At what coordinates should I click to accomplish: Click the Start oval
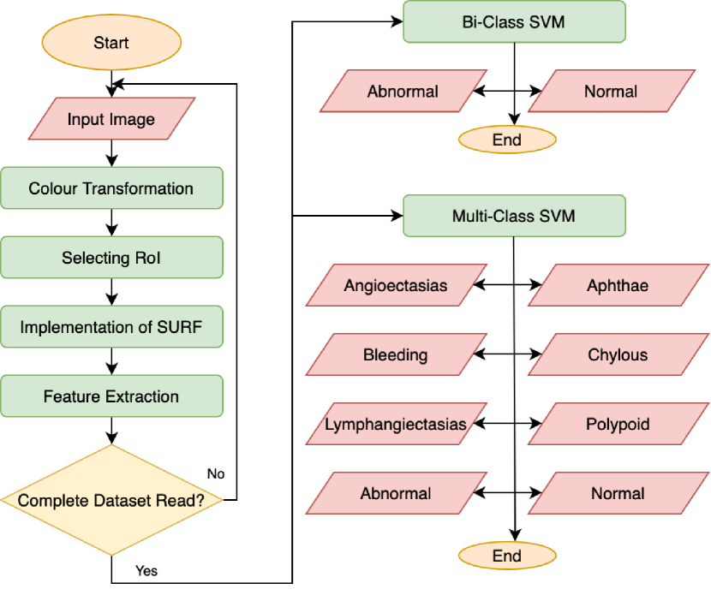(x=111, y=42)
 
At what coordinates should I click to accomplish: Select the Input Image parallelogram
(x=111, y=119)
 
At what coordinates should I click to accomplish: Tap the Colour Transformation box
(x=111, y=188)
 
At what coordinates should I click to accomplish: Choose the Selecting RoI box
(x=111, y=258)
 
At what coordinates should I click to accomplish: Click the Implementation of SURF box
(x=111, y=327)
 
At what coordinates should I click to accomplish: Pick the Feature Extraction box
(x=111, y=396)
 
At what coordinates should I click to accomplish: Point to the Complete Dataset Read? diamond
(x=111, y=500)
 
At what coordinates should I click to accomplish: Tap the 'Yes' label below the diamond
(x=146, y=570)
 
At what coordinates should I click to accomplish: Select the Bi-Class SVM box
(x=514, y=22)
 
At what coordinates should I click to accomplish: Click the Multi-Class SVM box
(x=514, y=217)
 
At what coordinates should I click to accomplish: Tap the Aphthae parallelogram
(x=618, y=286)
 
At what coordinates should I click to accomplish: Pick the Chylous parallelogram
(x=618, y=354)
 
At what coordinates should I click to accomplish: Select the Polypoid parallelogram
(x=618, y=424)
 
